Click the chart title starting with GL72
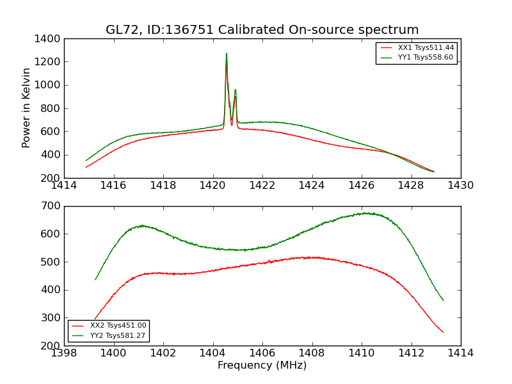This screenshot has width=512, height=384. [262, 30]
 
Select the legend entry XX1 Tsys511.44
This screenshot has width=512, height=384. [426, 48]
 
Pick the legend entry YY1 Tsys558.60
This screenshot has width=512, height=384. [426, 58]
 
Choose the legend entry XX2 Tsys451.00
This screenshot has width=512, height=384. [118, 326]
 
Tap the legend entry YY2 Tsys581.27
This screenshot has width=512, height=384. [118, 335]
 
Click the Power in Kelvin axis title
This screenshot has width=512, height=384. [27, 108]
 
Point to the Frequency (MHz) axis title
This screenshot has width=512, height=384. [262, 365]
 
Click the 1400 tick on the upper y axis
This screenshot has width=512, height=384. [49, 39]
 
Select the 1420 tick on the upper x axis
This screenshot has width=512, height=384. [212, 186]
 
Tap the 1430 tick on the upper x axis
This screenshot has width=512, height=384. [460, 186]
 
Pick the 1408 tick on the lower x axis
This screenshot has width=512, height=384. [312, 353]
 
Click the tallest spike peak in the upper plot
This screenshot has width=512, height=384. [226, 54]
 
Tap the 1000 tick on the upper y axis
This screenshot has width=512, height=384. [49, 85]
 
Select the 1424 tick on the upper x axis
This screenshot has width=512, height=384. [312, 186]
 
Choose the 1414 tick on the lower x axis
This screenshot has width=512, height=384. [460, 353]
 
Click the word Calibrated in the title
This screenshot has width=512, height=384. [251, 30]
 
